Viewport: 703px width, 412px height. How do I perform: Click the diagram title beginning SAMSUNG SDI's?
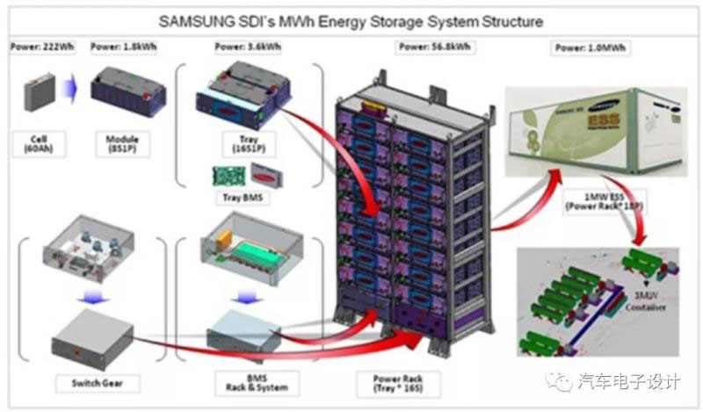pos(351,18)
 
